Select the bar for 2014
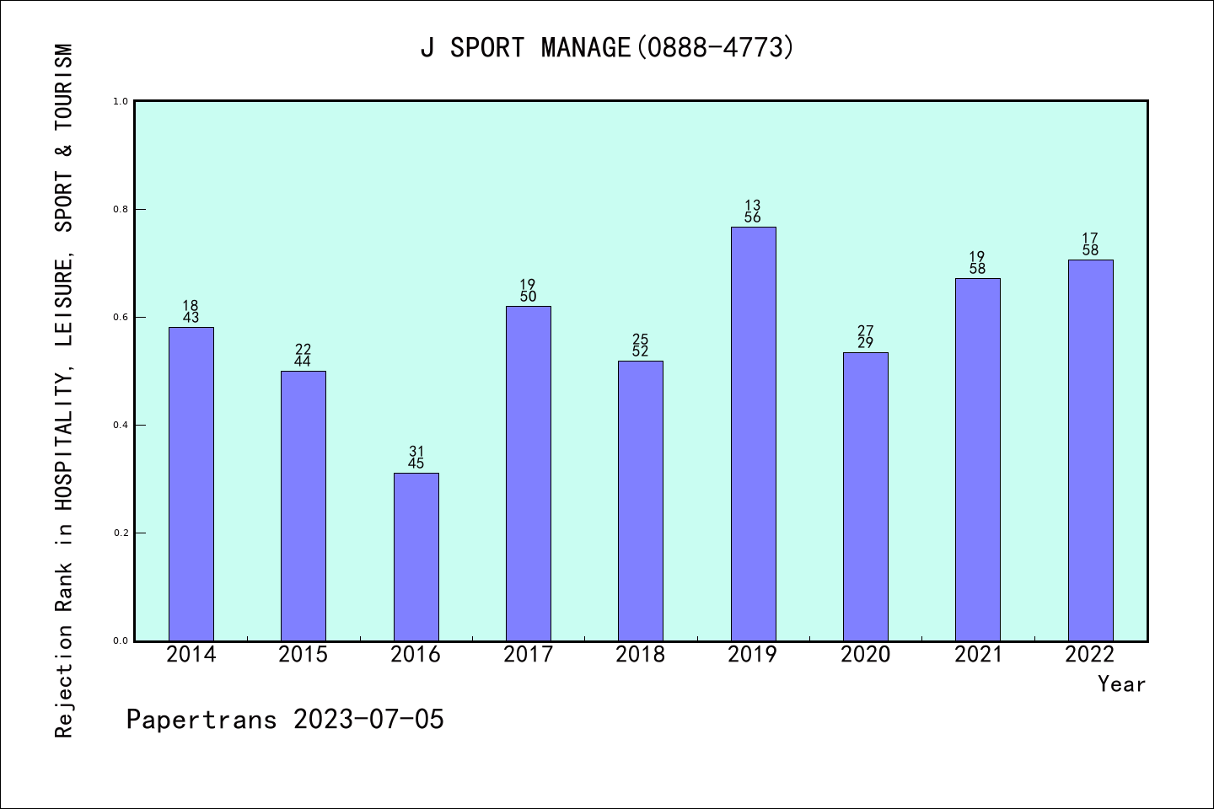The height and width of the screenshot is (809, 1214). tap(191, 484)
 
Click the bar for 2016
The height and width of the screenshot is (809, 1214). tap(416, 556)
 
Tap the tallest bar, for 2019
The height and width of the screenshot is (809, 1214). tap(753, 433)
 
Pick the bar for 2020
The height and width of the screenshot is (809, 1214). tap(866, 496)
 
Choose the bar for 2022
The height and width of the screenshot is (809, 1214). tap(1090, 450)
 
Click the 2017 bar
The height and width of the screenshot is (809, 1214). tap(529, 473)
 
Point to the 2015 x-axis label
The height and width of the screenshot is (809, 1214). tap(303, 655)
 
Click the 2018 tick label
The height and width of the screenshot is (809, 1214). tap(641, 655)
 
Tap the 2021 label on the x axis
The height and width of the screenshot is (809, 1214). tap(978, 655)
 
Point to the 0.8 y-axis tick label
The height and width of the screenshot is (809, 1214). tap(121, 209)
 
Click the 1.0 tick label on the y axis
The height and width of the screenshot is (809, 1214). tap(121, 101)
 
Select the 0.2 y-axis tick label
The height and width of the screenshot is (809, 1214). tap(121, 533)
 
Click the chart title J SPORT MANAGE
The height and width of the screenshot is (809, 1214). tap(607, 48)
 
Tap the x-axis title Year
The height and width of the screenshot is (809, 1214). tap(1121, 684)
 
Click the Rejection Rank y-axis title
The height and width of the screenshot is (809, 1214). tap(64, 391)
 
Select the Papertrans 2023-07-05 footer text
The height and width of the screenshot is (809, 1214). tap(285, 720)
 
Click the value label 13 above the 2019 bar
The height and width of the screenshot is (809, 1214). tap(753, 206)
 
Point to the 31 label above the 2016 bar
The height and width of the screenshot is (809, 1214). tap(416, 452)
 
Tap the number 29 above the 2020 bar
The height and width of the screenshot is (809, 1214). tap(866, 343)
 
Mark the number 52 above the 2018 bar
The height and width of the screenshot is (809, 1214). tap(641, 351)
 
